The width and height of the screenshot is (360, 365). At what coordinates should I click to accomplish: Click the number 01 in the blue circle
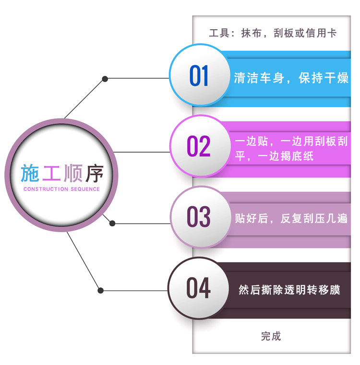(199, 76)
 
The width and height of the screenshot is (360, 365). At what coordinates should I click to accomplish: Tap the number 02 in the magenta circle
(199, 146)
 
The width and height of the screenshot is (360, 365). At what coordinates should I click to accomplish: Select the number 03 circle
(199, 217)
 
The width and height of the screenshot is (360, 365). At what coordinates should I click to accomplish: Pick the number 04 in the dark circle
(199, 288)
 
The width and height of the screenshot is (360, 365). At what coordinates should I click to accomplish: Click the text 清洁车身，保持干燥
(291, 78)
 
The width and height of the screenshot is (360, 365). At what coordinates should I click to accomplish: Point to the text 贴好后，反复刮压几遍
(291, 219)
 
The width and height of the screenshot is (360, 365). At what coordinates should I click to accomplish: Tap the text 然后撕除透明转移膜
(289, 290)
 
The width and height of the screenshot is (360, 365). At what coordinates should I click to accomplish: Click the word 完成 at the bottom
(271, 336)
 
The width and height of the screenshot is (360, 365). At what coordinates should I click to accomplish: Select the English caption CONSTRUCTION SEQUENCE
(61, 189)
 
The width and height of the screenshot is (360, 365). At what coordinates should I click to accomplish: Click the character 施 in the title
(29, 174)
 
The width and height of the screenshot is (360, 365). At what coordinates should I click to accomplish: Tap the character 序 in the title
(95, 174)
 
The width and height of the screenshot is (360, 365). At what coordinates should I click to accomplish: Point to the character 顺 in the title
(73, 174)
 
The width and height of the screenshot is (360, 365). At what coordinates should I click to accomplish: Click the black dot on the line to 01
(105, 78)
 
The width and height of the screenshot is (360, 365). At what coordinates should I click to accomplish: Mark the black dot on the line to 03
(112, 223)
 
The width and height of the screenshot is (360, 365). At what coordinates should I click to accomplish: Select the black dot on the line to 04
(101, 290)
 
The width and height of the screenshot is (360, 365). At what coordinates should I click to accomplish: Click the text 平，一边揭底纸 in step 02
(274, 157)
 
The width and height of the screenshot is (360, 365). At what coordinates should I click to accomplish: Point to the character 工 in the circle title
(51, 174)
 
